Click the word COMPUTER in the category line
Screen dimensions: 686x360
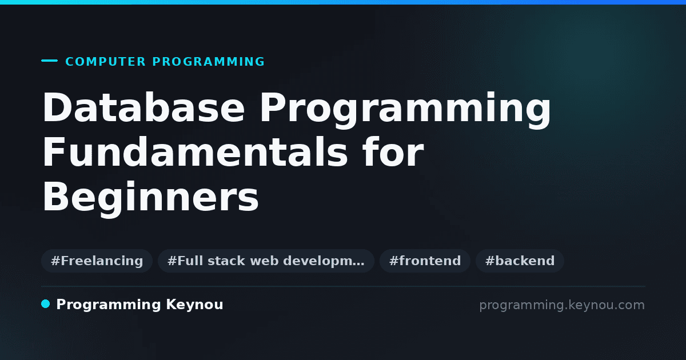[x=105, y=62]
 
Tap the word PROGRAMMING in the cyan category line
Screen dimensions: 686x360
[x=209, y=62]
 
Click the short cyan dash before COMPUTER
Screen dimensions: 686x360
[x=49, y=61]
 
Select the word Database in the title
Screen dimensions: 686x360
[x=143, y=107]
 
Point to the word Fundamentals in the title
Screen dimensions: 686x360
[x=195, y=152]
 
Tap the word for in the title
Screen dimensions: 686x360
[x=393, y=152]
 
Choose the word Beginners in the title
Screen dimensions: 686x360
[x=151, y=199]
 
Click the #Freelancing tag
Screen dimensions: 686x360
[x=97, y=261]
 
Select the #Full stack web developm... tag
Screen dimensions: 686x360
[x=266, y=261]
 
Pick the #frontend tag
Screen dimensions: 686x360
[x=425, y=261]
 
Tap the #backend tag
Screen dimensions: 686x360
[x=520, y=261]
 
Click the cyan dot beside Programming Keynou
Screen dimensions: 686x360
[x=45, y=304]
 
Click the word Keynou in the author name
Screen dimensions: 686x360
[x=194, y=305]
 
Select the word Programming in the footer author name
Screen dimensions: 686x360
[x=109, y=305]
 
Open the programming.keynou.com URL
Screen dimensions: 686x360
[x=562, y=305]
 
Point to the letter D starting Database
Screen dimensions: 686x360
[x=58, y=107]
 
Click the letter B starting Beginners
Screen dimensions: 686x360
[x=57, y=196]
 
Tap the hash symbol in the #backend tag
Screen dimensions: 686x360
[x=490, y=261]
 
